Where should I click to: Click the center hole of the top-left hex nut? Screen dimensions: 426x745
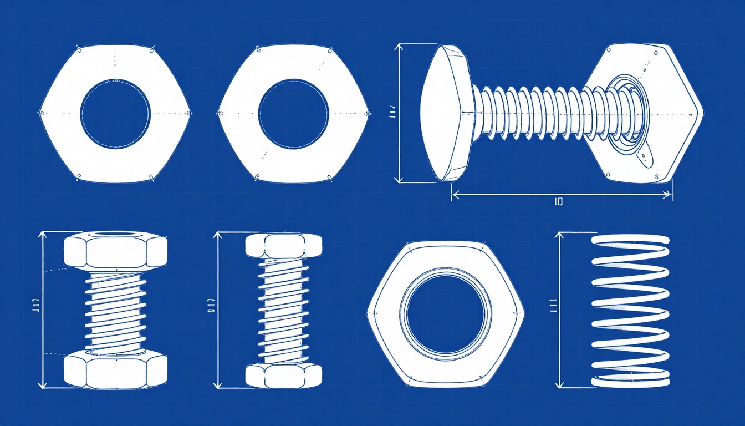pos(115,114)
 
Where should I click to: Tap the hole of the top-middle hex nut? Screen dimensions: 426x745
pos(293,114)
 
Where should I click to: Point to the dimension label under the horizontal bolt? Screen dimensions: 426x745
pos(559,202)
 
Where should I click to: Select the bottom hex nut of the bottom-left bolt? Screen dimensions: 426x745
pos(115,370)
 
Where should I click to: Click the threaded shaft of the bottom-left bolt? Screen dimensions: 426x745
pos(115,311)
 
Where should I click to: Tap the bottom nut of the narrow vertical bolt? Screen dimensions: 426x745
pos(283,375)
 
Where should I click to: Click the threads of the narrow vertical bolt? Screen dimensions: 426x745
pos(283,311)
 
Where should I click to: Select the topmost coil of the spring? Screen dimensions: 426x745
pos(631,240)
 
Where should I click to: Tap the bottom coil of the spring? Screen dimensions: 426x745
pos(631,381)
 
